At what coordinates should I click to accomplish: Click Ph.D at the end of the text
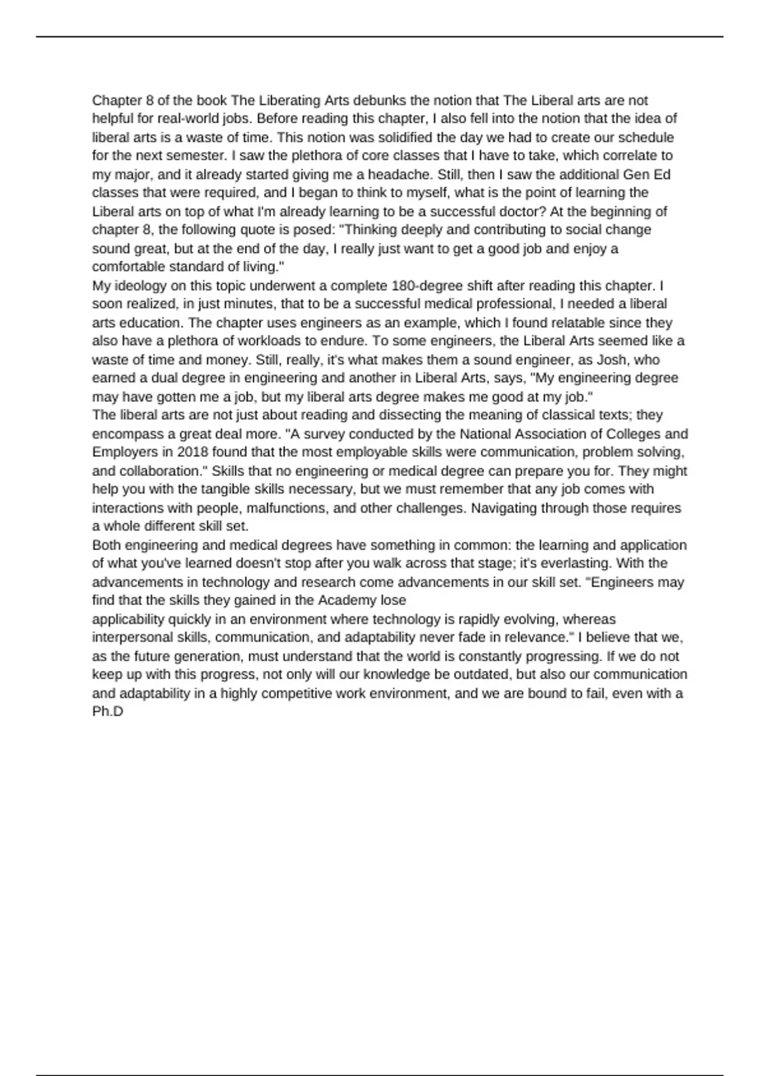point(107,711)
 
